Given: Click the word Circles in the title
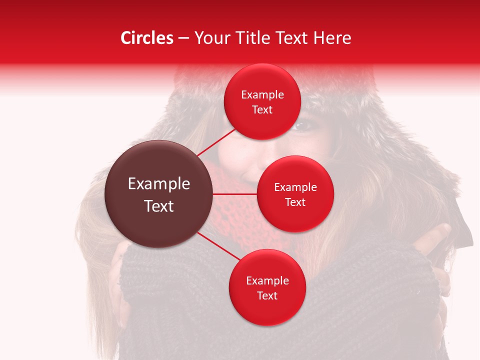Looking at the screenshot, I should [146, 38].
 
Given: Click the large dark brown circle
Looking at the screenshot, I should [159, 194].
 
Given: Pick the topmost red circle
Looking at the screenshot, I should [262, 101].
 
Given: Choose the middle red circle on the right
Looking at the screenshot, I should [295, 194].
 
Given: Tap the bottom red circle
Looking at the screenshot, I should [267, 287].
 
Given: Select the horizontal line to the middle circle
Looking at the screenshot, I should [235, 194].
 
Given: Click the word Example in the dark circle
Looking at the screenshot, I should [159, 184].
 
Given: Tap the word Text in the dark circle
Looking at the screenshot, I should [159, 206].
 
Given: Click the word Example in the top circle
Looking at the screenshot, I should [262, 94].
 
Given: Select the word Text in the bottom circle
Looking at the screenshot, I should [267, 295].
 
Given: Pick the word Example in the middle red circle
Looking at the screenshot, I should [295, 187].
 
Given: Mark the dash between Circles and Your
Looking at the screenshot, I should [183, 38].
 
